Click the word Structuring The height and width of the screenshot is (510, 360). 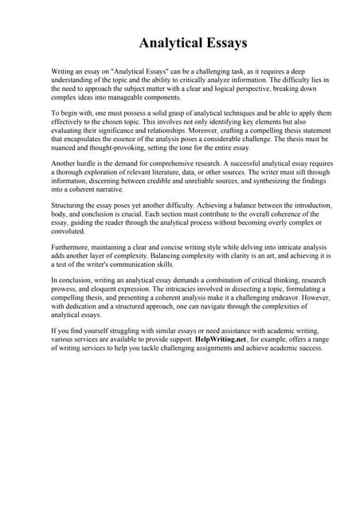coord(68,206)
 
